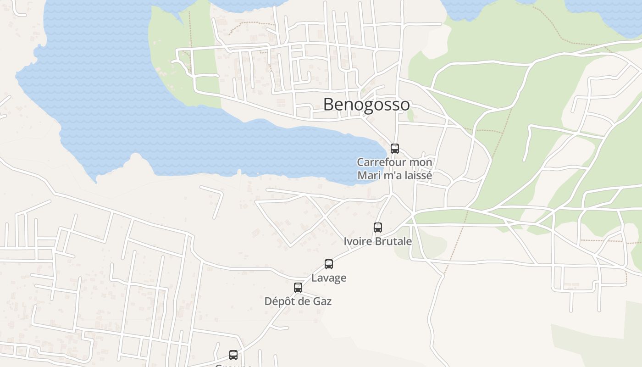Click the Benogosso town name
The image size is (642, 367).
(x=366, y=105)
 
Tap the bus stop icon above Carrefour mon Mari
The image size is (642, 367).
(x=394, y=148)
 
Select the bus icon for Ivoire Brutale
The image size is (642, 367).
(x=377, y=227)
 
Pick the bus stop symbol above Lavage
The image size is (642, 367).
(x=328, y=264)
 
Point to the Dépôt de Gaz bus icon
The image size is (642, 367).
(x=298, y=288)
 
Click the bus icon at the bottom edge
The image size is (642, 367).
(x=233, y=355)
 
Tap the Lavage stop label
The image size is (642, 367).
(x=329, y=278)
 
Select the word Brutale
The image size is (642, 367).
(x=394, y=241)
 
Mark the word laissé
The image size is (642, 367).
(x=417, y=175)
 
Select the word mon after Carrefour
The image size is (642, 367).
(x=421, y=162)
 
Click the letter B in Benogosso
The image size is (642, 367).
(x=328, y=105)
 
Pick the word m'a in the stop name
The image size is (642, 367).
(x=390, y=175)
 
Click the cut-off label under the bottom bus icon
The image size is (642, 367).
(x=233, y=365)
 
